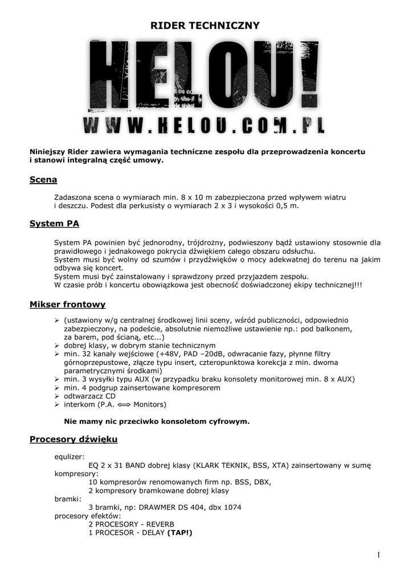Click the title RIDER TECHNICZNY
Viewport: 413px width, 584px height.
pos(205,26)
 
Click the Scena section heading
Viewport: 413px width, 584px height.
pos(43,180)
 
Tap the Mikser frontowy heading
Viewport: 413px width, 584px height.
pos(67,305)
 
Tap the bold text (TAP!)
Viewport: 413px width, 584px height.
pos(180,533)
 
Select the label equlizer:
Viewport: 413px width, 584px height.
pos(69,457)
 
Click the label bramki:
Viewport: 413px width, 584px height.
pos(67,499)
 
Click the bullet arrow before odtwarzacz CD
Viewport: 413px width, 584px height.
pos(56,396)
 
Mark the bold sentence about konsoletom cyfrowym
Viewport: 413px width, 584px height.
pos(157,421)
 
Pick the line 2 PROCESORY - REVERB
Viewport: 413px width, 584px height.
pos(131,524)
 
